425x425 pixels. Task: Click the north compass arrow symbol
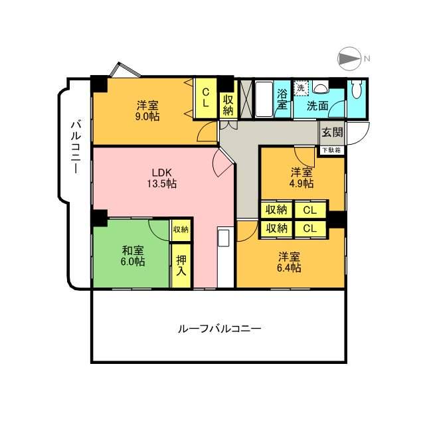(349, 60)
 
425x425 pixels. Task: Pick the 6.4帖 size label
(289, 268)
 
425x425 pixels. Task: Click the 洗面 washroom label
(317, 105)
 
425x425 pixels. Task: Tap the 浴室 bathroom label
(282, 100)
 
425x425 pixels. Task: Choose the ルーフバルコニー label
(219, 328)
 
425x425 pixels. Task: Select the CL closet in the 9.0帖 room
(206, 98)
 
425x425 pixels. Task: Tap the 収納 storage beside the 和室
(180, 230)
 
